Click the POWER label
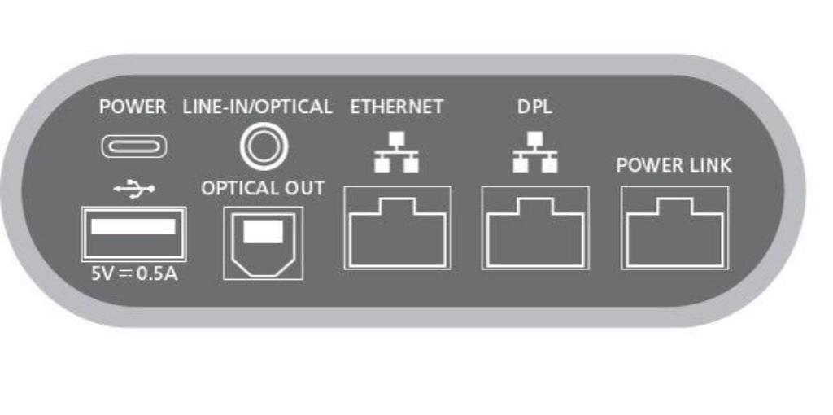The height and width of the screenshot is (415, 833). coord(133,107)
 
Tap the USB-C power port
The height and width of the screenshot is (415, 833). coord(134,146)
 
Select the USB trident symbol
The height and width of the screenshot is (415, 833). coord(134,188)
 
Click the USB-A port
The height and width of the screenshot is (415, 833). coord(133,234)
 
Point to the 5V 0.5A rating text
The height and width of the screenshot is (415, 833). coord(134,273)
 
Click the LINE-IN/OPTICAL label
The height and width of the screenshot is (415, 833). coord(258,107)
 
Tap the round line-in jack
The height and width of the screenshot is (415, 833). coord(264,146)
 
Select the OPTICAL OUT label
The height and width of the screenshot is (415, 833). coord(263,188)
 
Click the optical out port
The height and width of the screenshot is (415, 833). coord(264,242)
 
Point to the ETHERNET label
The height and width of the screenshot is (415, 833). coord(396,107)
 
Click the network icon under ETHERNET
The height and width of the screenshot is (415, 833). coord(396,152)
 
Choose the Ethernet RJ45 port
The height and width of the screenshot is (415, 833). coord(397,228)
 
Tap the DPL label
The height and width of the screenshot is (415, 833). coord(534,107)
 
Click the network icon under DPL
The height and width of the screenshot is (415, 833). coord(535,152)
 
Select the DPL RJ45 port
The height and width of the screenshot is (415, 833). coord(535,228)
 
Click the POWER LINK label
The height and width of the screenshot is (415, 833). coord(674,165)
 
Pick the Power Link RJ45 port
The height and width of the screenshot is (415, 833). coord(674,228)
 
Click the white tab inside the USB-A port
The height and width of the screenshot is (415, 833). coord(133,227)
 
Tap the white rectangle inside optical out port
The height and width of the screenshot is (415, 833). coord(263,231)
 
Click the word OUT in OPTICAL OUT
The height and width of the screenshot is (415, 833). coord(304,188)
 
